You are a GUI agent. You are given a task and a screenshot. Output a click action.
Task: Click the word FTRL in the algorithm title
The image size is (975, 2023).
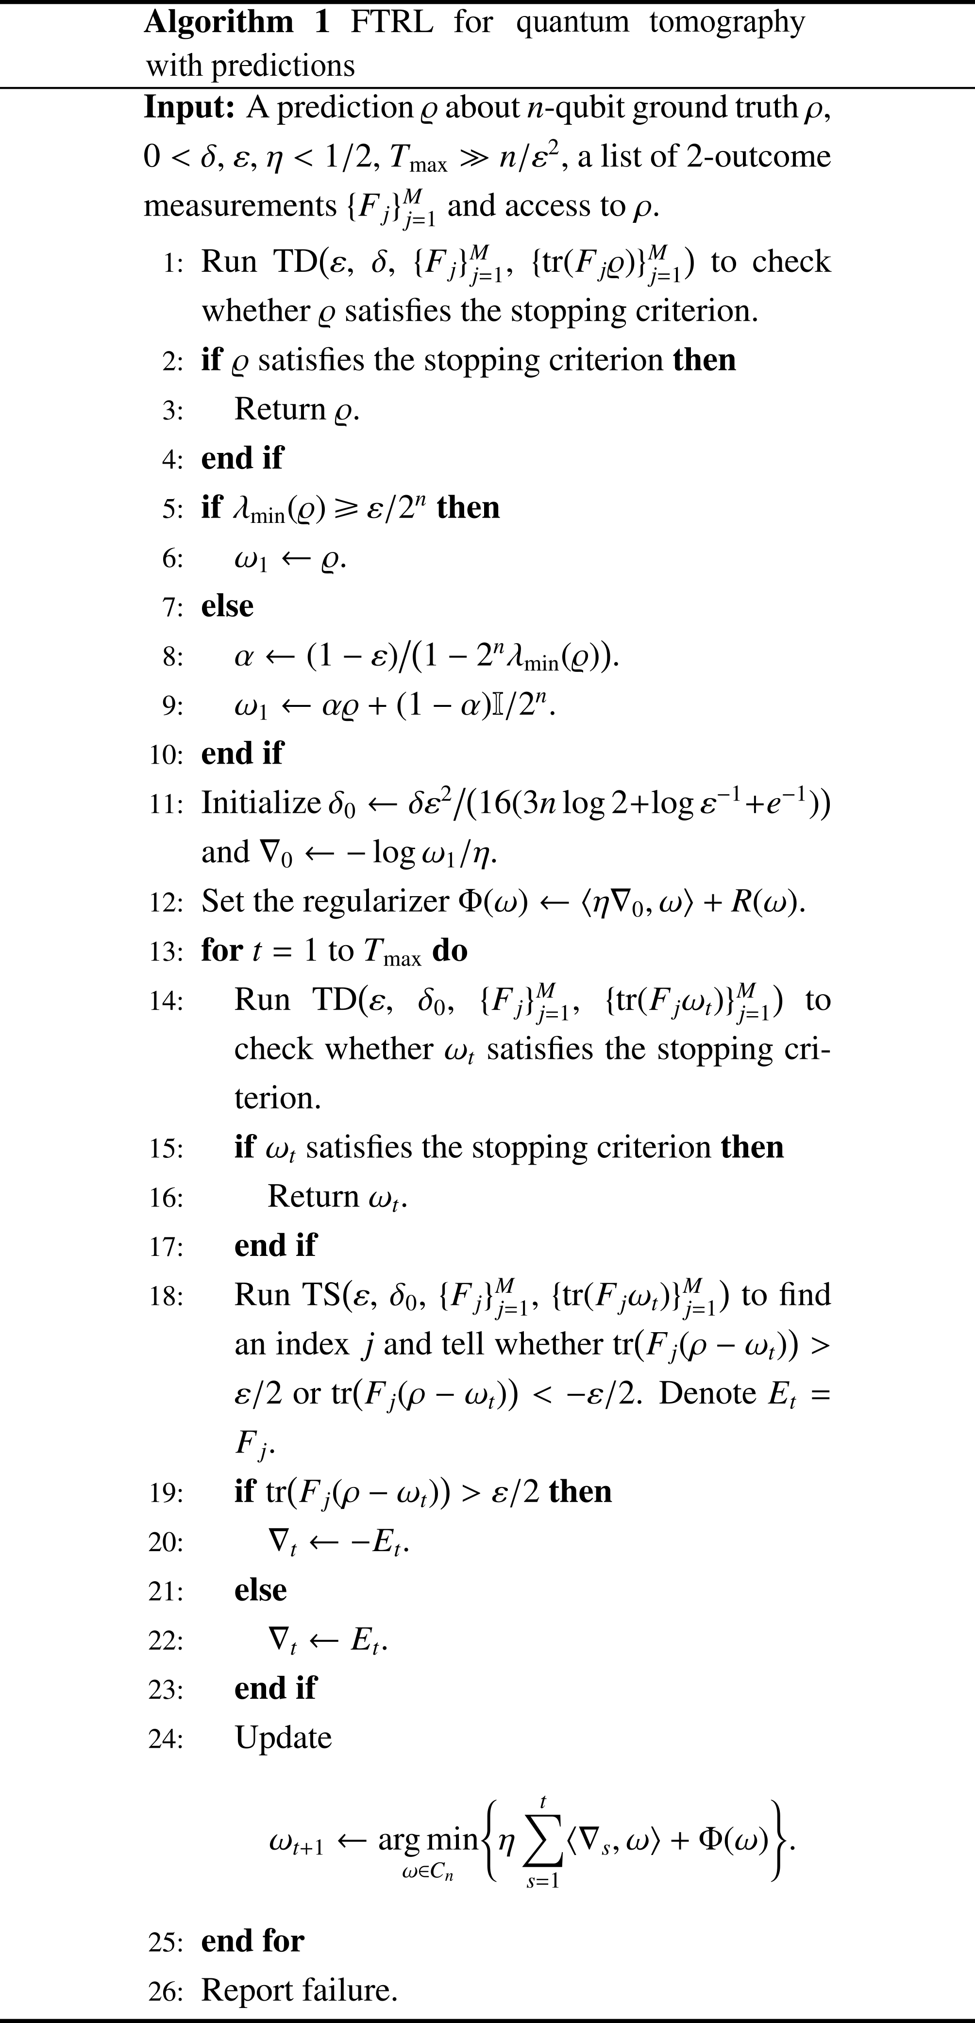[x=391, y=22]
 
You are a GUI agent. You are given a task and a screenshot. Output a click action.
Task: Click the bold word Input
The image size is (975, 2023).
[x=188, y=108]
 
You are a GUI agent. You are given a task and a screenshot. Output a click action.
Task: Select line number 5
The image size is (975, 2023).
[x=172, y=509]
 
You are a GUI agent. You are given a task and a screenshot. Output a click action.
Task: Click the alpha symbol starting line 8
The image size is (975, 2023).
[x=244, y=656]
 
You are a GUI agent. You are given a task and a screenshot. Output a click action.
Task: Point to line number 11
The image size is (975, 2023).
[x=165, y=804]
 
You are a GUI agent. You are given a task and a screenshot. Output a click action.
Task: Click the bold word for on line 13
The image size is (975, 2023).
[x=221, y=950]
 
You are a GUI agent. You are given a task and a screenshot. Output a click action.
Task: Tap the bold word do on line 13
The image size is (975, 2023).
[x=450, y=950]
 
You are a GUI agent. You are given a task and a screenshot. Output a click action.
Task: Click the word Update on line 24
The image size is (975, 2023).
[x=283, y=1737]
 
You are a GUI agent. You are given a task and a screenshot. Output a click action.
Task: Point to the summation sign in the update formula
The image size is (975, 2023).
[x=543, y=1841]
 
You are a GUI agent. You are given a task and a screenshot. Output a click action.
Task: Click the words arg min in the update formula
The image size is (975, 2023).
[x=428, y=1839]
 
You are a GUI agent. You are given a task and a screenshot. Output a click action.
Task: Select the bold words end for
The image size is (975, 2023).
[x=252, y=1940]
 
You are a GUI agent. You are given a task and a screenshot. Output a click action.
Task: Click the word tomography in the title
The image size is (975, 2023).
[x=727, y=22]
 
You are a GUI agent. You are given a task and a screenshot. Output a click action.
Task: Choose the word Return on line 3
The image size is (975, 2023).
[x=280, y=409]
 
